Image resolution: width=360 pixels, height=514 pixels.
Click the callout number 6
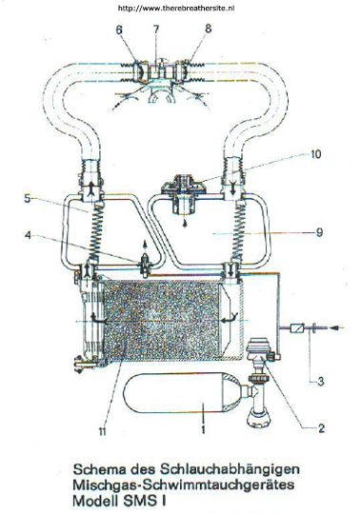pyautogui.click(x=119, y=30)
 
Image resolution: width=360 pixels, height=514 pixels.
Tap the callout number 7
pyautogui.click(x=156, y=30)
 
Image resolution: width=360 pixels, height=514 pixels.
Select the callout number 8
pyautogui.click(x=209, y=29)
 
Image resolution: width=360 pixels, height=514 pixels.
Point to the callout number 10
pyautogui.click(x=316, y=154)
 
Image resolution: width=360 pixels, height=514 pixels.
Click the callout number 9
pyautogui.click(x=319, y=232)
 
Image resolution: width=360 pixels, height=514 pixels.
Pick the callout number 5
pyautogui.click(x=28, y=199)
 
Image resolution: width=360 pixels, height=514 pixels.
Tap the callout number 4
pyautogui.click(x=29, y=235)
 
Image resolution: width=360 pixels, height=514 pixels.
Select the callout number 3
pyautogui.click(x=320, y=382)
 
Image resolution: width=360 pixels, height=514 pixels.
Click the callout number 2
pyautogui.click(x=320, y=427)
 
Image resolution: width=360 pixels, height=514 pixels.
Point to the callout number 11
pyautogui.click(x=103, y=432)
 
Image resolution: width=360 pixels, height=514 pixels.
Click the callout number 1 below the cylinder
pyautogui.click(x=203, y=429)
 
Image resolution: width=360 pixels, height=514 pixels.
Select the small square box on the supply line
pyautogui.click(x=298, y=327)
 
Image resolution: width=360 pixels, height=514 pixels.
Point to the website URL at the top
pyautogui.click(x=176, y=9)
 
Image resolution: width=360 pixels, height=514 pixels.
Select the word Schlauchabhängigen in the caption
pyautogui.click(x=230, y=470)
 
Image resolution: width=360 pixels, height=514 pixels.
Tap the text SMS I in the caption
pyautogui.click(x=144, y=501)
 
